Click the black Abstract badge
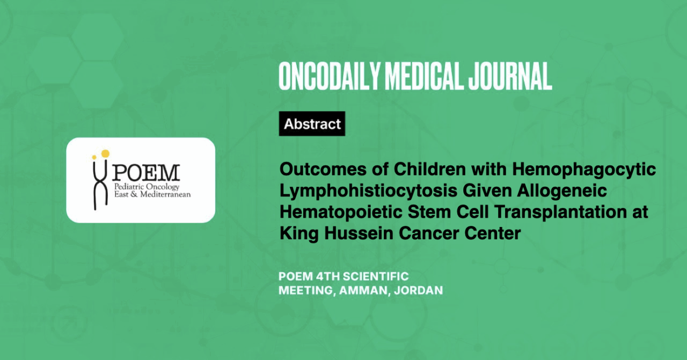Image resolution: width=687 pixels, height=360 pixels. (x=312, y=123)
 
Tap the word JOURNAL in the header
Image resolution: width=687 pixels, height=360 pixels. (x=510, y=76)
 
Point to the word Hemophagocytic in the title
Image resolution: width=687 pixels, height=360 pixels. (x=584, y=170)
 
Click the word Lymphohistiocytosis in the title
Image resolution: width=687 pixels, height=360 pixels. (x=368, y=191)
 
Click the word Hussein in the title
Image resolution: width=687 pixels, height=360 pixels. (x=359, y=233)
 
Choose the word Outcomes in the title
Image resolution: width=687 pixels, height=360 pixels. (x=323, y=169)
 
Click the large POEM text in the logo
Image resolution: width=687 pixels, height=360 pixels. (x=146, y=173)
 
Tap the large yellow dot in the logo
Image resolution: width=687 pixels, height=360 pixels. (x=105, y=153)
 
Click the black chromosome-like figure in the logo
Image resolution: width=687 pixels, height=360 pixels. (x=100, y=183)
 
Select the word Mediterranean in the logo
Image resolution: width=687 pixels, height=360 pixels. (x=165, y=194)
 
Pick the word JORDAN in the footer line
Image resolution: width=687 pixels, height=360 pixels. (x=418, y=290)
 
